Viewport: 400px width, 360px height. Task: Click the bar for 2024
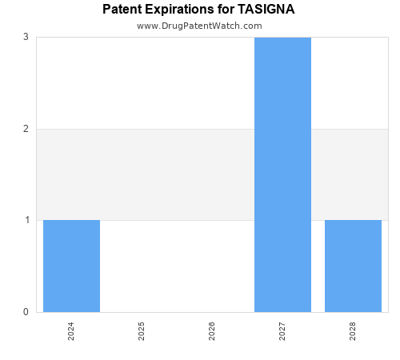coord(71,266)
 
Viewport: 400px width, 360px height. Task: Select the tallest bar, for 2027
coord(282,174)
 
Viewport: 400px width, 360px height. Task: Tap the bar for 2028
coord(353,266)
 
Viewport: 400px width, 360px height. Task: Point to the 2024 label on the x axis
coord(71,331)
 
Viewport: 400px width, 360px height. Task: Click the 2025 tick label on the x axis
coord(142,331)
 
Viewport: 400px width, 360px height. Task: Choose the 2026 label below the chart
coord(212,331)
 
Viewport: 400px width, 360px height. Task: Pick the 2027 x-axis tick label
coord(282,331)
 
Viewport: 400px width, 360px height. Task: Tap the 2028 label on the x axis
coord(353,331)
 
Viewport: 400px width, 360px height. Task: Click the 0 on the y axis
coord(26,312)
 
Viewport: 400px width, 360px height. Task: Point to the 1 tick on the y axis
coord(26,220)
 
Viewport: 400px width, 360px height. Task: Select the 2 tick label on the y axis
coord(26,129)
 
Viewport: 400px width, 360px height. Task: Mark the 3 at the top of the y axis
coord(26,37)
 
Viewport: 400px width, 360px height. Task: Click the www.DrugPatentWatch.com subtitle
coord(199,26)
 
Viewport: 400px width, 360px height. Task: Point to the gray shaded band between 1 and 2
coord(176,174)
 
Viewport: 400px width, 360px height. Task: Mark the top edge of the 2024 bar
coord(71,220)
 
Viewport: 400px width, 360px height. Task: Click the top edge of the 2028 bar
coord(353,220)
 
